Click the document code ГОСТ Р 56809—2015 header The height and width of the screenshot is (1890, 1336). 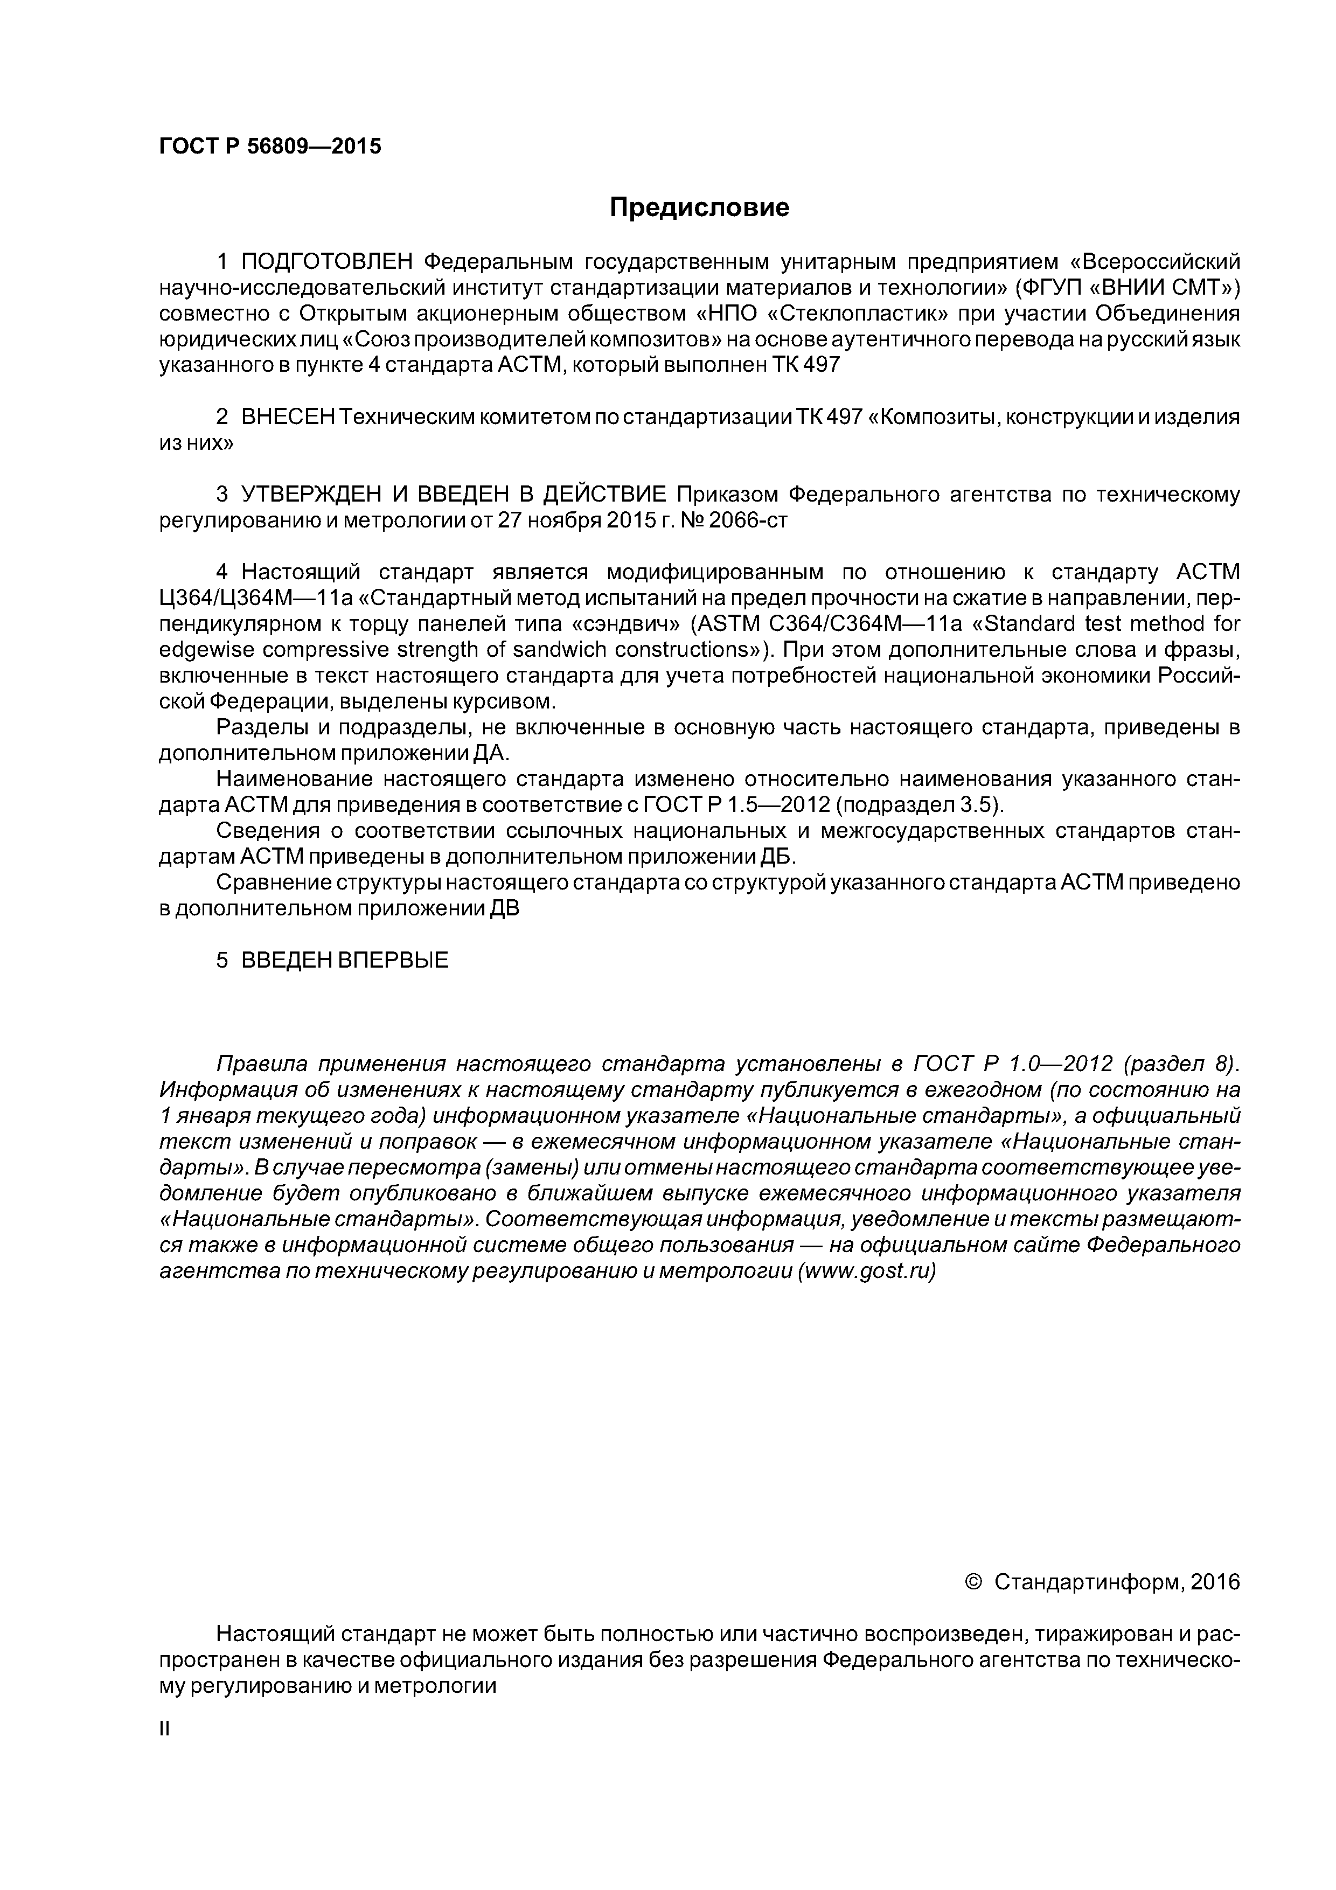point(270,147)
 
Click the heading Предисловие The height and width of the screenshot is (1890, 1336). point(699,207)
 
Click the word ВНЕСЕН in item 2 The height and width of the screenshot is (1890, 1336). point(288,418)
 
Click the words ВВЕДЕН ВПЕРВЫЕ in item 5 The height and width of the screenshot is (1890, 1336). point(344,961)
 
